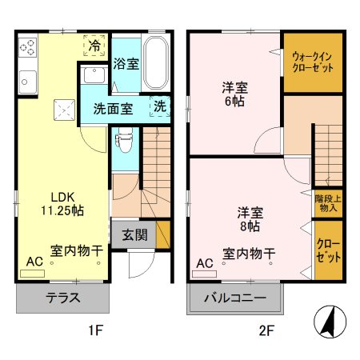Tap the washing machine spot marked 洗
159,106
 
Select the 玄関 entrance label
134,235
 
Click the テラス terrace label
62,300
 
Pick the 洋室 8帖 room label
249,221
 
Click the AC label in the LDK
34,262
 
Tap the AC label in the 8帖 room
205,262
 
